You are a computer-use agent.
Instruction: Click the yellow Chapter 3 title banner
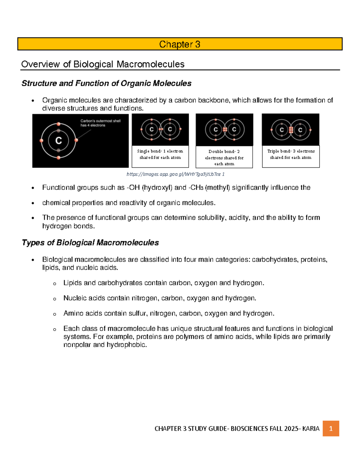pos(180,44)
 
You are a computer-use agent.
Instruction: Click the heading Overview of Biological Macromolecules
pos(103,64)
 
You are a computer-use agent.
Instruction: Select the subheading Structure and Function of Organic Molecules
pos(106,83)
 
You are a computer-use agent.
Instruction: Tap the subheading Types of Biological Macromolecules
pos(90,243)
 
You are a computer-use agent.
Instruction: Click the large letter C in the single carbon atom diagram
pos(58,140)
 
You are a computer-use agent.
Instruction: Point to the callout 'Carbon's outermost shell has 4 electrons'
pos(100,123)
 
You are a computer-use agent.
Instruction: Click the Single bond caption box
pos(160,156)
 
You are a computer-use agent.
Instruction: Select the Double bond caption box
pos(224,157)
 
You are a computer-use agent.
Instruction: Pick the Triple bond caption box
pos(291,156)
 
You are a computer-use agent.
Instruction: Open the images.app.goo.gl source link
pos(175,174)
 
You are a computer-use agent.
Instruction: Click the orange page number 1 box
pos(331,428)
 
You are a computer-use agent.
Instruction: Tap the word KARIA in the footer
pos(311,429)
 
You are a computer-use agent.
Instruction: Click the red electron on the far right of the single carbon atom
pos(76,140)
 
